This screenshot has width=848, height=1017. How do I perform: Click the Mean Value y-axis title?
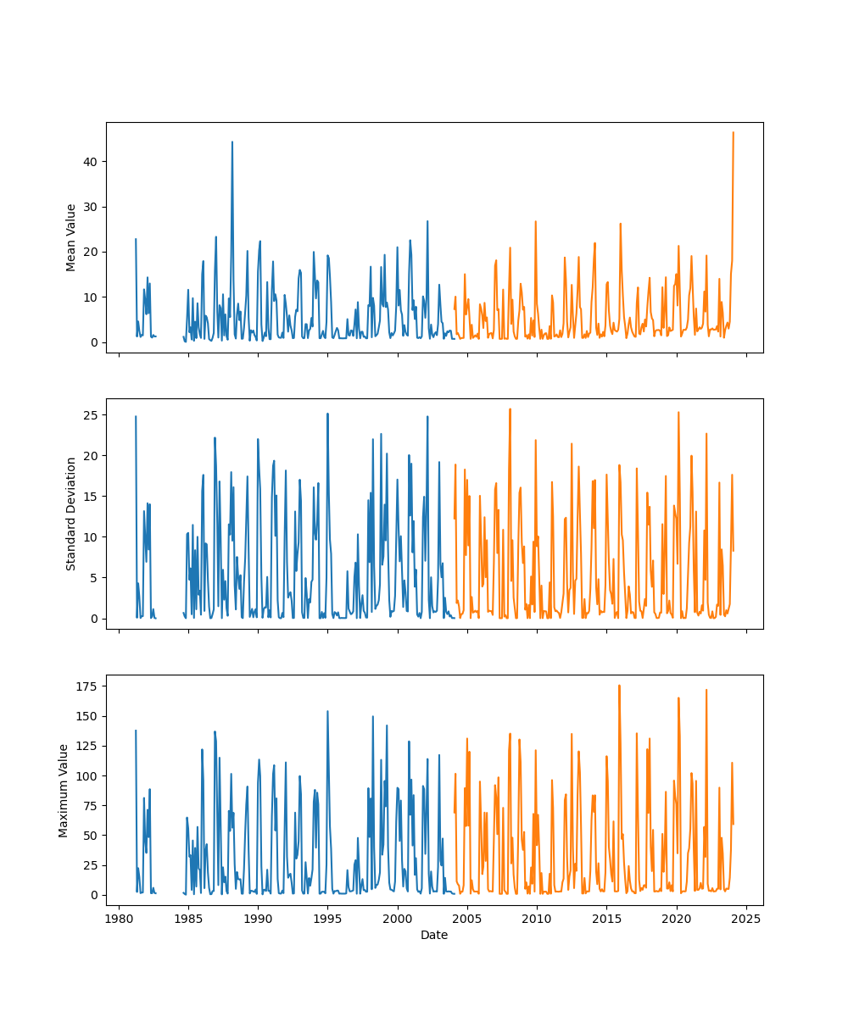[71, 237]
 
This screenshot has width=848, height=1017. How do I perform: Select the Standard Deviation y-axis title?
[71, 514]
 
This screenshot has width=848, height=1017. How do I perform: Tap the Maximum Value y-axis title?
[64, 791]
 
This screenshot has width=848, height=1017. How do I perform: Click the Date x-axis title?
[434, 935]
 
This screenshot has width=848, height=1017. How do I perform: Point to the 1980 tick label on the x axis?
[119, 919]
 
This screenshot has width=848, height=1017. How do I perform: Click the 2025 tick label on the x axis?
[746, 919]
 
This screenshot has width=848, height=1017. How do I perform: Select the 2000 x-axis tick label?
[398, 919]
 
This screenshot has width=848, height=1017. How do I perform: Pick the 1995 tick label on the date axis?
[328, 919]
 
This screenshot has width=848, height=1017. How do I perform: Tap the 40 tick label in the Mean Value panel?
[88, 162]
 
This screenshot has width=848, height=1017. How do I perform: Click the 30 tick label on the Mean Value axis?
[88, 207]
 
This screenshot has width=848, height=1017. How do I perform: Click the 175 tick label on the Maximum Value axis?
[85, 686]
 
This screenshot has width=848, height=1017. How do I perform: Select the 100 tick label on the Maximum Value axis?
[85, 776]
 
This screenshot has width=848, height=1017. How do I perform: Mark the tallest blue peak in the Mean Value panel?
[232, 142]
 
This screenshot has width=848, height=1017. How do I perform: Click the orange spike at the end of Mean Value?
[734, 133]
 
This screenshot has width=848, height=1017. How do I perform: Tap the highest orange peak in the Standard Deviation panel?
[510, 409]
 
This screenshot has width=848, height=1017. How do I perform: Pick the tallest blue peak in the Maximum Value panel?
[327, 712]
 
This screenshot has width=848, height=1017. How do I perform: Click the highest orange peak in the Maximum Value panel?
[619, 686]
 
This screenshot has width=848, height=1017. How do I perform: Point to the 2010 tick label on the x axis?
[537, 919]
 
